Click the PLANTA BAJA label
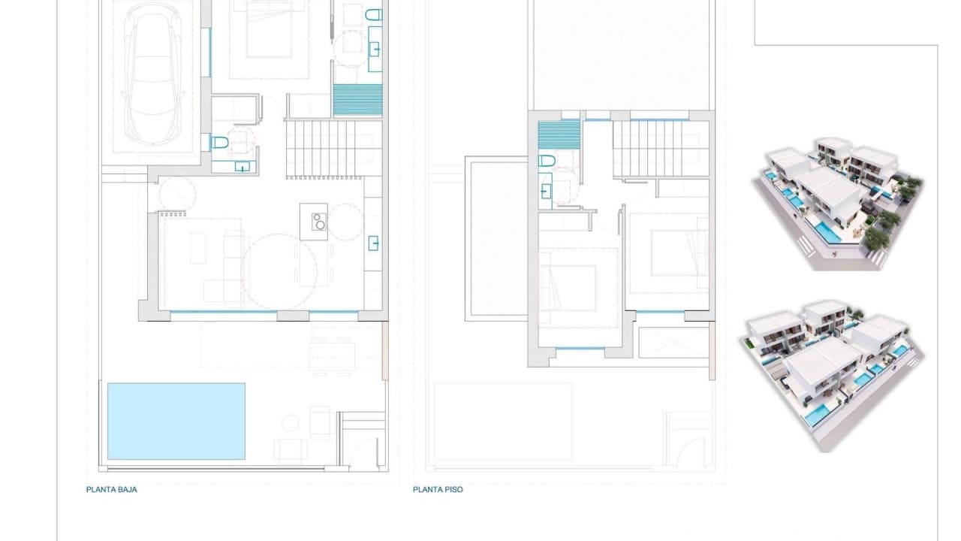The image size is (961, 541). [112, 489]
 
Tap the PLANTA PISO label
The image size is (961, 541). [438, 489]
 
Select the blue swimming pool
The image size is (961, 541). [176, 421]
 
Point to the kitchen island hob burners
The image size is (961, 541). [318, 221]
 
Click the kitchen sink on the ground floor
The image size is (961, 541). [373, 243]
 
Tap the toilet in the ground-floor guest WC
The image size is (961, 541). [219, 142]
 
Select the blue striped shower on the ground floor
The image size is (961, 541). [357, 99]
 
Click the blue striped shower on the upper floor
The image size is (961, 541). [559, 134]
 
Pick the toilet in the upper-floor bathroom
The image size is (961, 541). [547, 161]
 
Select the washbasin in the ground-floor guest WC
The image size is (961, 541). [242, 166]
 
